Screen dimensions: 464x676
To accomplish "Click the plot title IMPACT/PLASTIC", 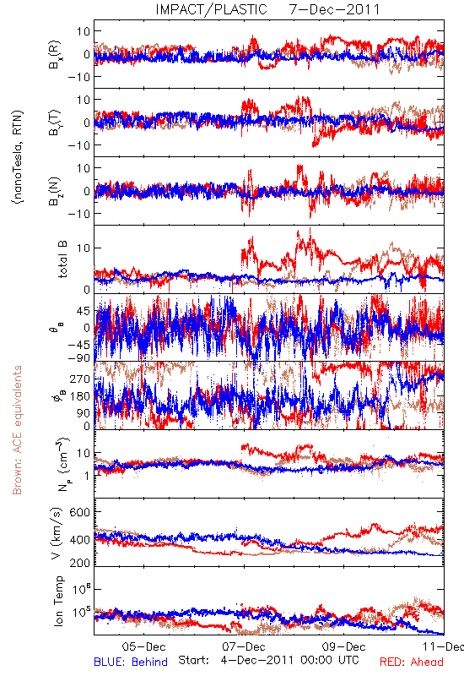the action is click(x=211, y=9).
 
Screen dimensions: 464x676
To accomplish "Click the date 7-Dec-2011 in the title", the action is click(x=334, y=9).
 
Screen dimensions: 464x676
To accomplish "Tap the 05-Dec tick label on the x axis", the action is click(x=143, y=646).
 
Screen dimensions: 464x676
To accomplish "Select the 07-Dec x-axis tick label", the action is click(x=244, y=646).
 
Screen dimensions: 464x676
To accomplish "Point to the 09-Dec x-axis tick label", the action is click(x=344, y=646).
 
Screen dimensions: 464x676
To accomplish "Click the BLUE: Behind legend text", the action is click(x=131, y=662).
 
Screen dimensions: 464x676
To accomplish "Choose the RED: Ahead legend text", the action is click(x=411, y=662).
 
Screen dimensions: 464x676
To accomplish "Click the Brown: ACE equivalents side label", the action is click(x=17, y=430).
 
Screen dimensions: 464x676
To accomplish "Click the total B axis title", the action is click(x=62, y=259).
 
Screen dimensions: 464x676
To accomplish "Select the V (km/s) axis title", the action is click(x=57, y=533).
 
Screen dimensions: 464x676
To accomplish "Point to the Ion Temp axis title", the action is click(x=58, y=601).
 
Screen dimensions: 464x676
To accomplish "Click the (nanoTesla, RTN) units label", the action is click(x=18, y=157).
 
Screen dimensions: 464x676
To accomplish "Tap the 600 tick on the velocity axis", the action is click(x=80, y=512).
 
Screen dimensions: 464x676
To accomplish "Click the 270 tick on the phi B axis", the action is click(x=80, y=379).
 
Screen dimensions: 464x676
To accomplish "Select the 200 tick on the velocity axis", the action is click(x=80, y=563).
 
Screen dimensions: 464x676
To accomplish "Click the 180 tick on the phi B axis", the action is click(x=80, y=396).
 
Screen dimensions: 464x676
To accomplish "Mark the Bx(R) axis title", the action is click(x=55, y=54).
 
